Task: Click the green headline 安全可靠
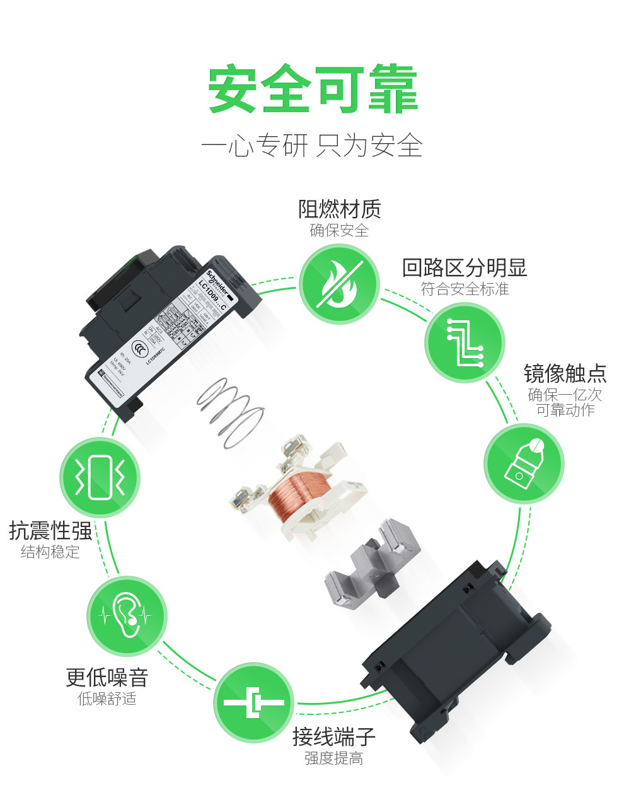pyautogui.click(x=313, y=90)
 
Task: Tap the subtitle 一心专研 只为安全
pyautogui.click(x=311, y=146)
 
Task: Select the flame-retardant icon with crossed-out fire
pyautogui.click(x=339, y=284)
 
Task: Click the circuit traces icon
pyautogui.click(x=465, y=343)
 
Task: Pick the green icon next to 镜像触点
pyautogui.click(x=524, y=464)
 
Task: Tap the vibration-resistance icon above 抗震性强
pyautogui.click(x=100, y=477)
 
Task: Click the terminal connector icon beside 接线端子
pyautogui.click(x=253, y=702)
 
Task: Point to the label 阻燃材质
pyautogui.click(x=339, y=209)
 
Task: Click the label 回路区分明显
pyautogui.click(x=465, y=268)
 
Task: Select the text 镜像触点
pyautogui.click(x=565, y=373)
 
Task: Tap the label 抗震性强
pyautogui.click(x=50, y=530)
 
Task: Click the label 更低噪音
pyautogui.click(x=107, y=678)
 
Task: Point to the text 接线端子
pyautogui.click(x=333, y=736)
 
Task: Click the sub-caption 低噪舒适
pyautogui.click(x=107, y=699)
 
